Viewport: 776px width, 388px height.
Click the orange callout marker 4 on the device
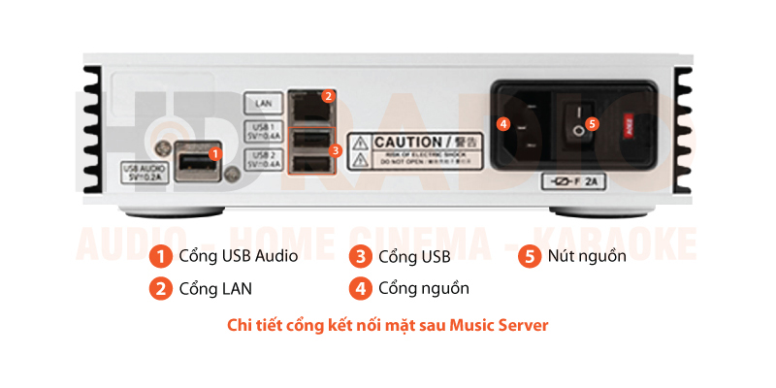tap(502, 123)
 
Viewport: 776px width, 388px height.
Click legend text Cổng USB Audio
tap(238, 256)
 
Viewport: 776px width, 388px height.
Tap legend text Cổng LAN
tap(216, 288)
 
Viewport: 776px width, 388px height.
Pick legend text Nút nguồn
tap(587, 256)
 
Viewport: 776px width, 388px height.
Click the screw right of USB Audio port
tap(233, 176)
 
